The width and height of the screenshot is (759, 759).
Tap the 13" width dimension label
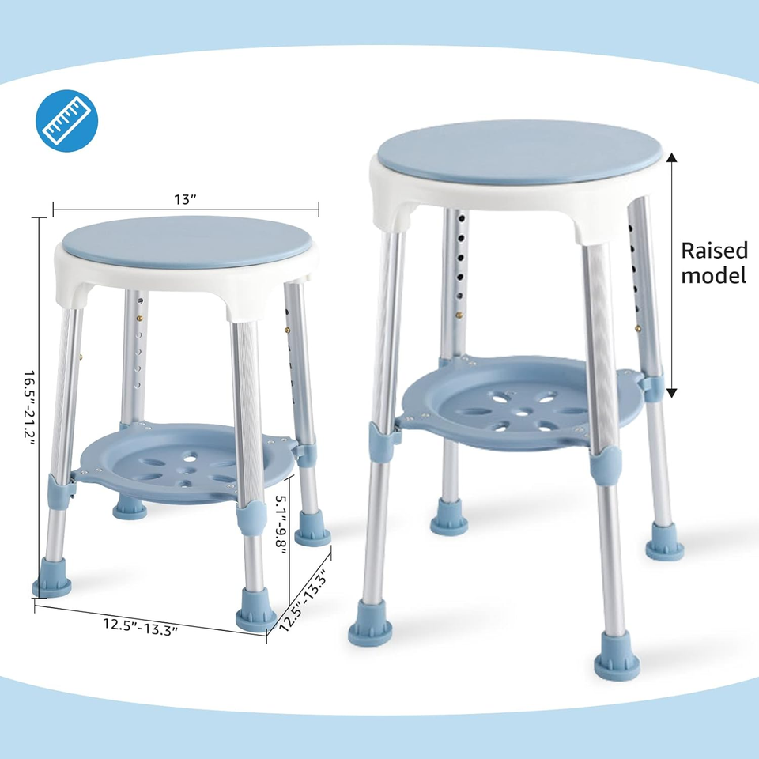click(185, 199)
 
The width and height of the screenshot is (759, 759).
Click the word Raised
click(714, 251)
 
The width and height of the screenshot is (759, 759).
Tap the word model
click(714, 276)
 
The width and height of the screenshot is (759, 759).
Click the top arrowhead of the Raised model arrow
click(672, 157)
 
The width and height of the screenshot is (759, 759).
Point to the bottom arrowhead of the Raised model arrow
click(672, 392)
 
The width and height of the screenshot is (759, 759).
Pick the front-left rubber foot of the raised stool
click(369, 622)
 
